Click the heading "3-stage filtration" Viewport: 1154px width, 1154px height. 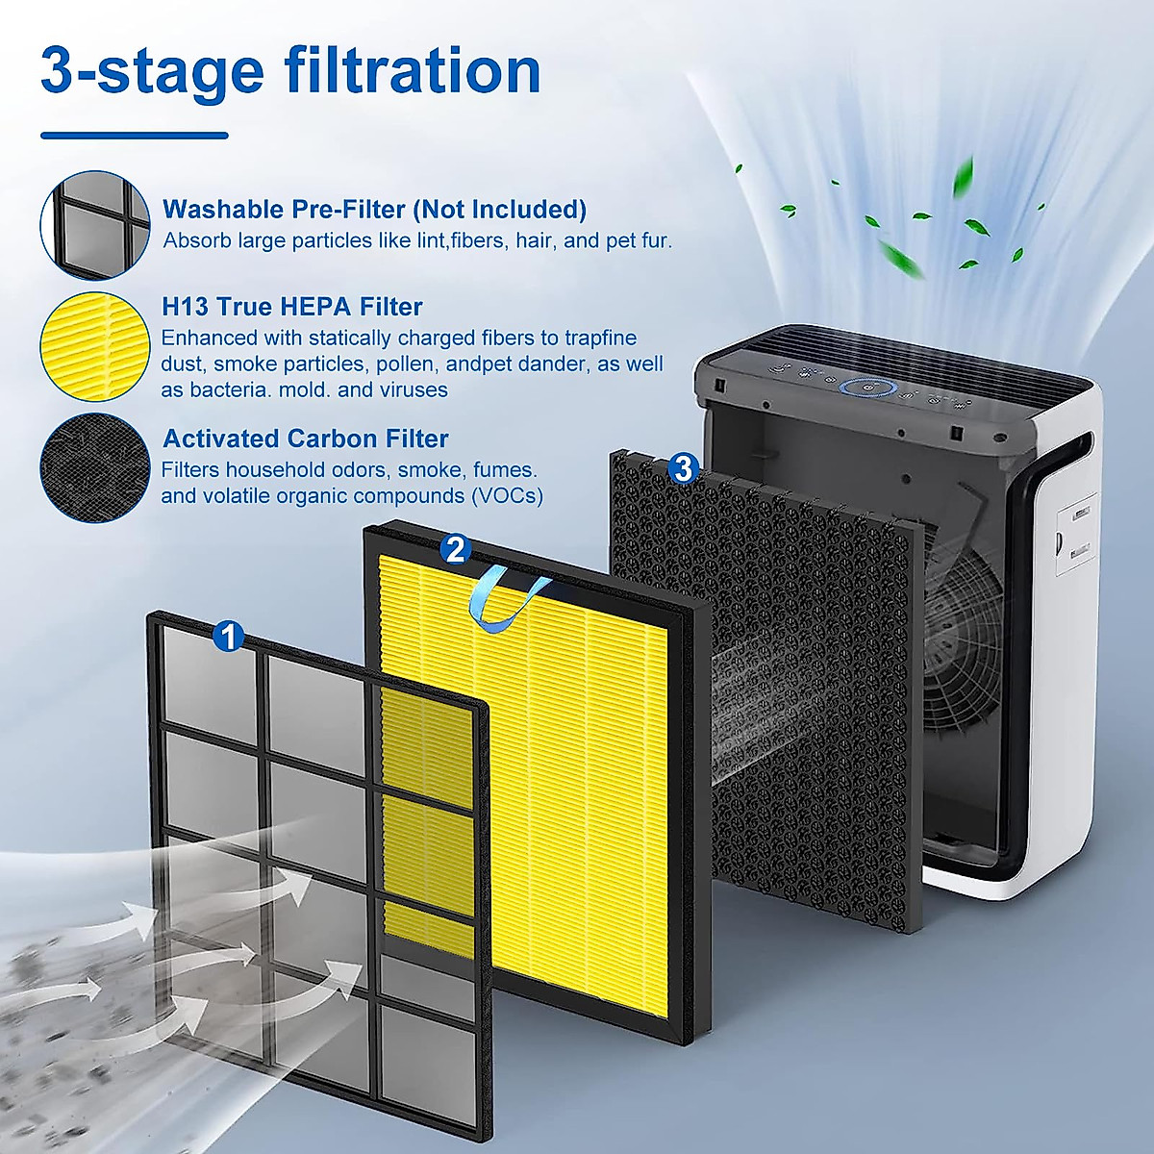(290, 71)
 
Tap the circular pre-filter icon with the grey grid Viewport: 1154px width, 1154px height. (95, 225)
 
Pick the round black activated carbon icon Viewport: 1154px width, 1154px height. (95, 468)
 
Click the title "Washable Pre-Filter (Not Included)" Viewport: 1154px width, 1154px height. (374, 210)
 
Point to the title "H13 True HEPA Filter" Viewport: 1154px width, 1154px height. (292, 307)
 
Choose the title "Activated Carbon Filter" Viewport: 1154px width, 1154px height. (306, 439)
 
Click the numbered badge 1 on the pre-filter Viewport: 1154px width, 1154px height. (228, 636)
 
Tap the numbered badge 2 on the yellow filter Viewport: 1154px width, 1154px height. (455, 549)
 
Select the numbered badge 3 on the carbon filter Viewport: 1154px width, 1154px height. (683, 468)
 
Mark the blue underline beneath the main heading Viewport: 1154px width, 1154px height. (135, 136)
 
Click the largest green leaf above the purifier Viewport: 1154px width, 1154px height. (900, 258)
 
